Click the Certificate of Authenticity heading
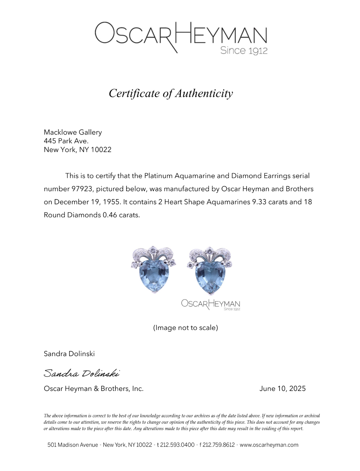pyautogui.click(x=171, y=93)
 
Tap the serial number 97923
pyautogui.click(x=82, y=189)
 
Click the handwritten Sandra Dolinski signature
pyautogui.click(x=82, y=373)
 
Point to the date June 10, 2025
pyautogui.click(x=282, y=389)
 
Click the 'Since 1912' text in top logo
pyautogui.click(x=244, y=50)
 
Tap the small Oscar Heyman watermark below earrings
pyautogui.click(x=211, y=304)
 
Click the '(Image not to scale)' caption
pyautogui.click(x=185, y=328)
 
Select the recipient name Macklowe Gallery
pyautogui.click(x=73, y=132)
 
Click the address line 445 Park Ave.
pyautogui.click(x=66, y=141)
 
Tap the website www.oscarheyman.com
pyautogui.click(x=269, y=445)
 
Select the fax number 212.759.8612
pyautogui.click(x=219, y=445)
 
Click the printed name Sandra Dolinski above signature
pyautogui.click(x=69, y=354)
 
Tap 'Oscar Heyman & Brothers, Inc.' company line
pyautogui.click(x=94, y=389)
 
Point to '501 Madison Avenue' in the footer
pyautogui.click(x=72, y=445)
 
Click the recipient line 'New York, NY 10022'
pyautogui.click(x=78, y=150)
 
